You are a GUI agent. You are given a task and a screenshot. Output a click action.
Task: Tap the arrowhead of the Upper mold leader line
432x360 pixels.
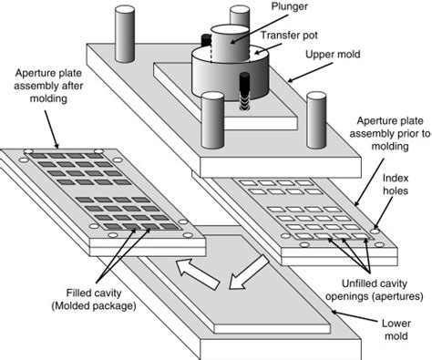290,81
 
